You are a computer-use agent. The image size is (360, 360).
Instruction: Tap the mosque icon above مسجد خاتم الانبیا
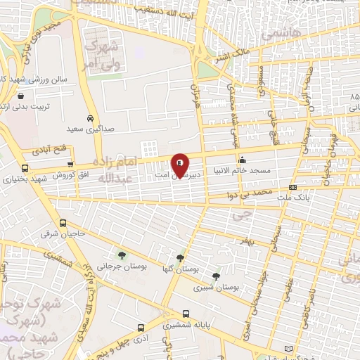tap(243, 159)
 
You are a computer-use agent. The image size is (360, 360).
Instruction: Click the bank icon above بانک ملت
tap(292, 187)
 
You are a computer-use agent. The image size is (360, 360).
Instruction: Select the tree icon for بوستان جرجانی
tap(122, 255)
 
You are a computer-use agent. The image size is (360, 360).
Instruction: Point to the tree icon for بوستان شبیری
tap(215, 276)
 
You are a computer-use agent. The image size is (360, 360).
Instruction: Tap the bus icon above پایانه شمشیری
tap(186, 314)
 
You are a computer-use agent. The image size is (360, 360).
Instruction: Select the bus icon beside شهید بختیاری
tap(25, 169)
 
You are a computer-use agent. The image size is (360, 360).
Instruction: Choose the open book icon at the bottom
tap(290, 349)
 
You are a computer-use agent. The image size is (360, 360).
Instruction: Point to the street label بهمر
tap(264, 241)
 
